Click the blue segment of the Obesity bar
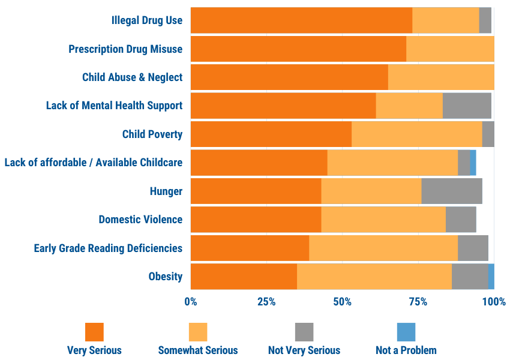(x=491, y=277)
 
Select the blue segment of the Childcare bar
(x=473, y=163)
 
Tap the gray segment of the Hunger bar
(x=452, y=191)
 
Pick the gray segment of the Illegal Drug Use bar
(x=485, y=20)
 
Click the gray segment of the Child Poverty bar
(x=488, y=134)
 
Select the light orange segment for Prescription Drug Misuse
(x=450, y=49)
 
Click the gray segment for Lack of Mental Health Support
(x=467, y=106)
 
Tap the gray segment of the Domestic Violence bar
(x=461, y=220)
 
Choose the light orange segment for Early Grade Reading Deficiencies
(x=383, y=248)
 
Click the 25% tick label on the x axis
(x=266, y=302)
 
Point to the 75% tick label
(x=418, y=302)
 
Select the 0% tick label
(x=191, y=302)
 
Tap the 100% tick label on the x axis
(x=494, y=302)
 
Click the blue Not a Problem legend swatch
(x=406, y=332)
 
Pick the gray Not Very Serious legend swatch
(x=304, y=332)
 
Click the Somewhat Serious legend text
(x=198, y=350)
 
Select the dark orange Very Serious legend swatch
(x=94, y=332)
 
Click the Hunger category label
(x=166, y=191)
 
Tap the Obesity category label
(x=166, y=277)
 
